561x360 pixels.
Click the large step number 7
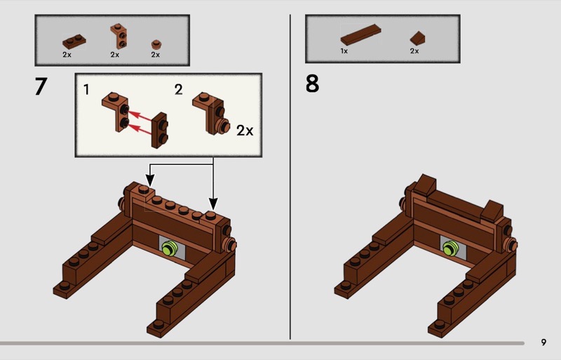(x=41, y=86)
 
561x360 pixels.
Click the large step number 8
(x=312, y=84)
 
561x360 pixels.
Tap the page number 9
(x=543, y=342)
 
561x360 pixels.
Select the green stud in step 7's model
(x=170, y=248)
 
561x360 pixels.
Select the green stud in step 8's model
(x=451, y=248)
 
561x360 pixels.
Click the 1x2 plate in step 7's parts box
(x=74, y=42)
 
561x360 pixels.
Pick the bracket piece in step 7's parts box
(x=120, y=36)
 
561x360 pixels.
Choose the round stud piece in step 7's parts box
(x=156, y=44)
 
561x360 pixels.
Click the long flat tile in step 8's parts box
(x=360, y=34)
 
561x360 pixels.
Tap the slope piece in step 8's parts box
(x=417, y=38)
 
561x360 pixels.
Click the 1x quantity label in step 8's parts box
(x=344, y=51)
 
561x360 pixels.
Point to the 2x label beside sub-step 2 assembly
(x=245, y=131)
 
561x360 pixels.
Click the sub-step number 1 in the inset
(x=86, y=90)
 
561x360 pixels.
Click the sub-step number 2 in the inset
(x=179, y=90)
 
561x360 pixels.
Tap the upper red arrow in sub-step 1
(x=140, y=116)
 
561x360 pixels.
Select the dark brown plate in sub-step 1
(x=159, y=130)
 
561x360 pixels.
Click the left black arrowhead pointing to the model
(x=150, y=180)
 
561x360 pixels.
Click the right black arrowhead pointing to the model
(x=213, y=204)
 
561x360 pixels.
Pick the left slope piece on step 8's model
(x=426, y=185)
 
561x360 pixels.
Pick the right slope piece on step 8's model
(x=492, y=211)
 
